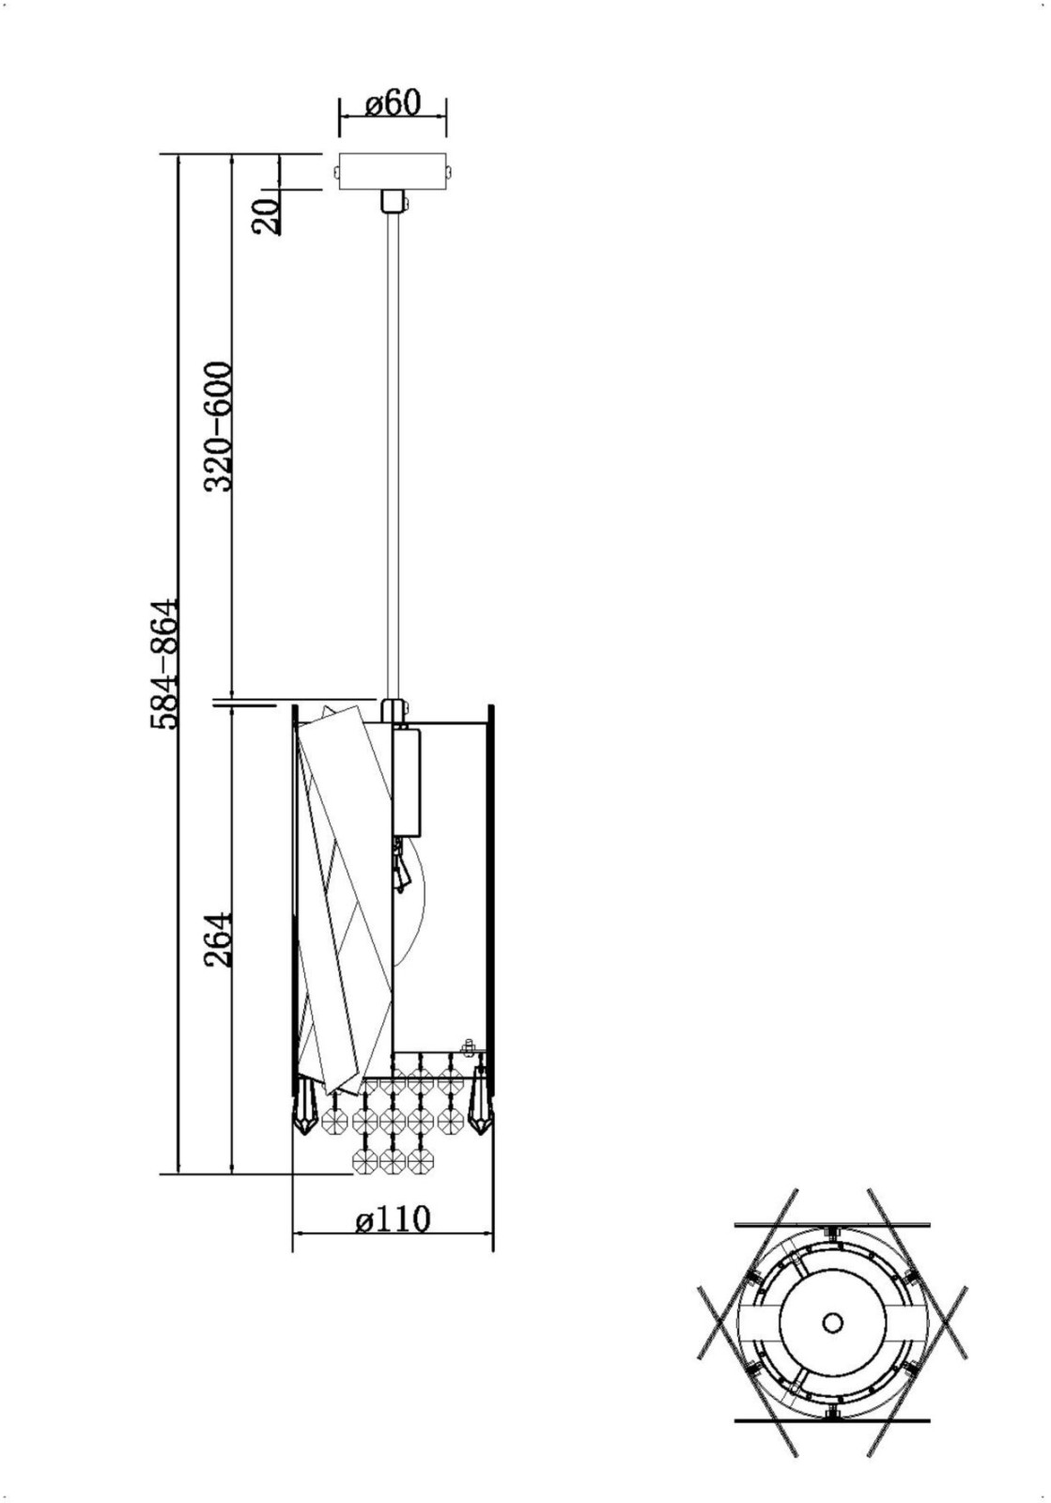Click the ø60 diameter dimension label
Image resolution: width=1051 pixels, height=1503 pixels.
coord(393,103)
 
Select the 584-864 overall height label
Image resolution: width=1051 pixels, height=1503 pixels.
coord(164,663)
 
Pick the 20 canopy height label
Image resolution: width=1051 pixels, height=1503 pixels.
coord(266,216)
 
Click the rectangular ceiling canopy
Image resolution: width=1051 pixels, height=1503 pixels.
coord(393,173)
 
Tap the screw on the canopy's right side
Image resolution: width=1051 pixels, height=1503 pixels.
coord(449,173)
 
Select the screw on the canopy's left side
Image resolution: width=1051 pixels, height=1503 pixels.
coord(336,173)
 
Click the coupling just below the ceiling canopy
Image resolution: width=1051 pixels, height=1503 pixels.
coord(394,201)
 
